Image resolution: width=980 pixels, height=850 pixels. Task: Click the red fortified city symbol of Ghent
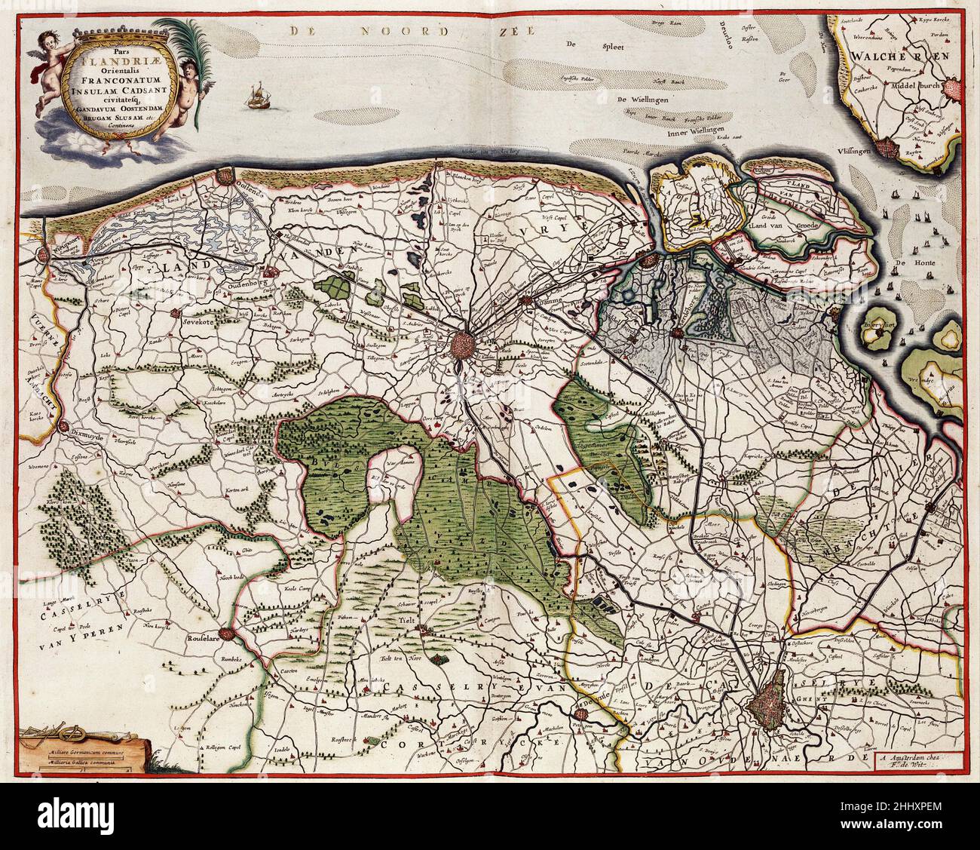pos(774,707)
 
